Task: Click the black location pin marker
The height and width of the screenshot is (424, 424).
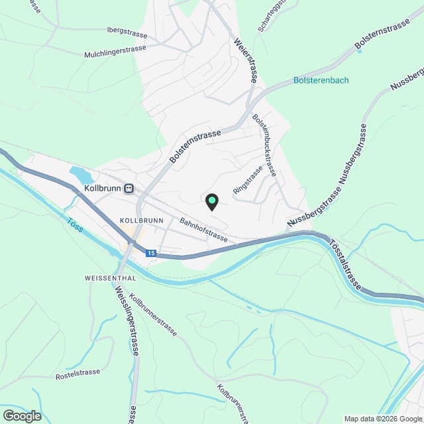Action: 211,201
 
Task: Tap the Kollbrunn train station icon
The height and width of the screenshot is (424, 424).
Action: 130,188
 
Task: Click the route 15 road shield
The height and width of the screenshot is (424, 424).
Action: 151,253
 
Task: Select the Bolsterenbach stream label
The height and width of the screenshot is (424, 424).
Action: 321,80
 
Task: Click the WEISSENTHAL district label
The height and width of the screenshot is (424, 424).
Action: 111,278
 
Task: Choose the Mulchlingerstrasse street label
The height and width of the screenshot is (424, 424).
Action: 115,52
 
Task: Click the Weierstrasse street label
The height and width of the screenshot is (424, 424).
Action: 244,60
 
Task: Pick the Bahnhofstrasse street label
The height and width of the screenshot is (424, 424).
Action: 203,229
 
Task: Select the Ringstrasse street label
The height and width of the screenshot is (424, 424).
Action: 248,179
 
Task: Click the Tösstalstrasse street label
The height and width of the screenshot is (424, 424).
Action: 344,261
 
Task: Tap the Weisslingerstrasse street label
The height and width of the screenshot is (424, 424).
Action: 125,320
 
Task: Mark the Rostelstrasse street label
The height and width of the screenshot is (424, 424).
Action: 78,372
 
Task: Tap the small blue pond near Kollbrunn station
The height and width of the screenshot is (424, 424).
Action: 81,176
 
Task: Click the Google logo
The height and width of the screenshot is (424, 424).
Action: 22,415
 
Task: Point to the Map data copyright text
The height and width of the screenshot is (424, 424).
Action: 382,419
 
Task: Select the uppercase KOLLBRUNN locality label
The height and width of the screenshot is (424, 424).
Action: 142,219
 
